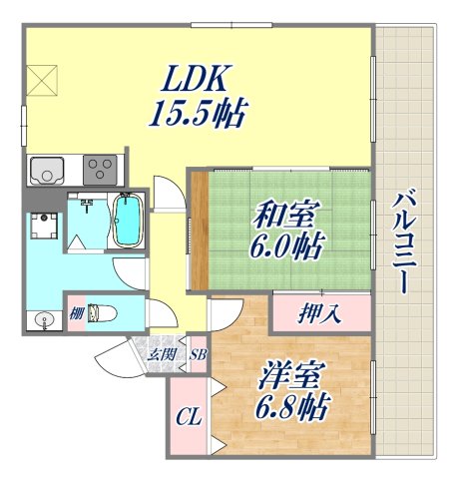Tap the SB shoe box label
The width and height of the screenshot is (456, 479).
(198, 353)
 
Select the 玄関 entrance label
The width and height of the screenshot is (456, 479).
(162, 353)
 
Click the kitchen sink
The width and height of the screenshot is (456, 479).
(48, 172)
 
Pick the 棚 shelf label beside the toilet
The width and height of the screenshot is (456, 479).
(75, 312)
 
